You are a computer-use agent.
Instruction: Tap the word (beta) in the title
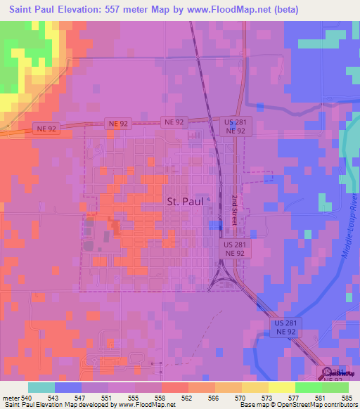[x=282, y=10]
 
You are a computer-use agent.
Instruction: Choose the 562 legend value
[x=188, y=397]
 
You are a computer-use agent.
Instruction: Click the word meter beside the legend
[x=11, y=397]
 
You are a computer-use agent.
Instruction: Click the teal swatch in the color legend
[x=41, y=387]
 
